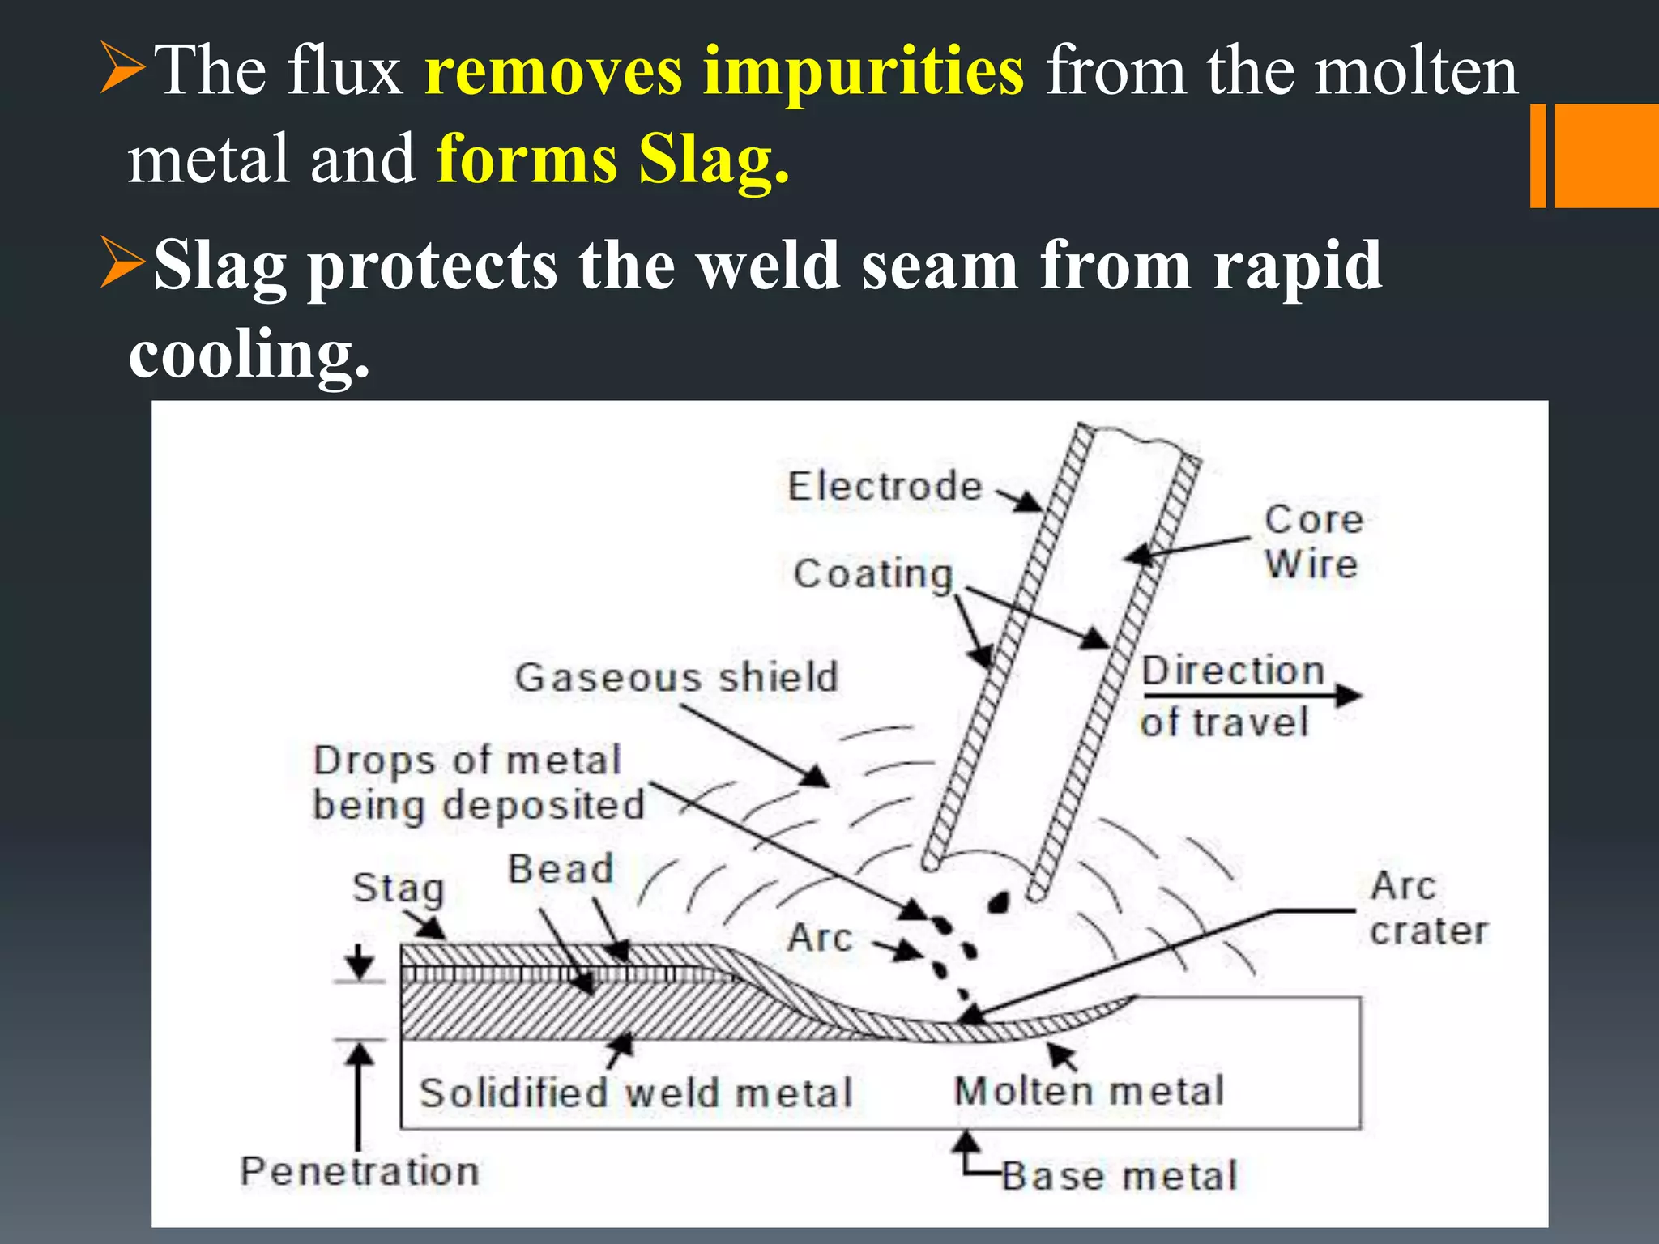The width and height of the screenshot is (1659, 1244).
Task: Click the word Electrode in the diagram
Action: (x=885, y=487)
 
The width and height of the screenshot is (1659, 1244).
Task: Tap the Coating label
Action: (x=872, y=574)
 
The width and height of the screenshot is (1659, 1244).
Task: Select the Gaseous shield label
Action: (x=676, y=677)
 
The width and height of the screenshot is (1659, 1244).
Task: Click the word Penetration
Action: (x=360, y=1172)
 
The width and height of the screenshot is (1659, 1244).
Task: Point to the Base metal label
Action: (x=1120, y=1176)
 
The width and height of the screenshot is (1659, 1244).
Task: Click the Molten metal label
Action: (x=1089, y=1091)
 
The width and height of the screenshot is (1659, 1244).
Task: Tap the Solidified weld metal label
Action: (x=636, y=1093)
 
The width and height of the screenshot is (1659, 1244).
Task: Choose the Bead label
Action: (x=561, y=869)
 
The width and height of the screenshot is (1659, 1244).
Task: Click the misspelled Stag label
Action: (x=399, y=888)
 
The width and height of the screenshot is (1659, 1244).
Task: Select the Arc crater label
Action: (x=1428, y=908)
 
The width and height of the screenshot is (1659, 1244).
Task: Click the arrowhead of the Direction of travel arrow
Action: (x=1348, y=695)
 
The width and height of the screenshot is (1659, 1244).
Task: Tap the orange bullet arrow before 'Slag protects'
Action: (x=122, y=263)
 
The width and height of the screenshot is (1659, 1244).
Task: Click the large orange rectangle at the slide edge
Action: (x=1606, y=155)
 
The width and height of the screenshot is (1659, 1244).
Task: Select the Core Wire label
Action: (x=1313, y=541)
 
